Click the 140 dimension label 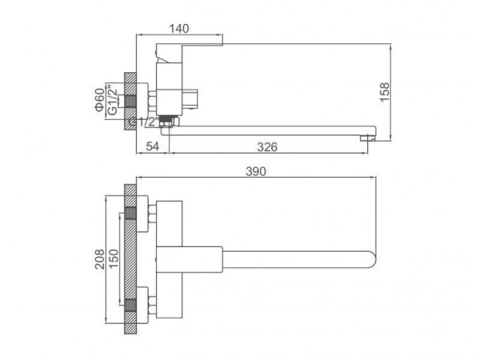179,29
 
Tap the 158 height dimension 385,92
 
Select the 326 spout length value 267,147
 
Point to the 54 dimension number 153,146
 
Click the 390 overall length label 256,172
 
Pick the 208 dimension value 99,259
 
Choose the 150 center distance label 114,259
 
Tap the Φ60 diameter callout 99,100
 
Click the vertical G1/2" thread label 113,102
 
